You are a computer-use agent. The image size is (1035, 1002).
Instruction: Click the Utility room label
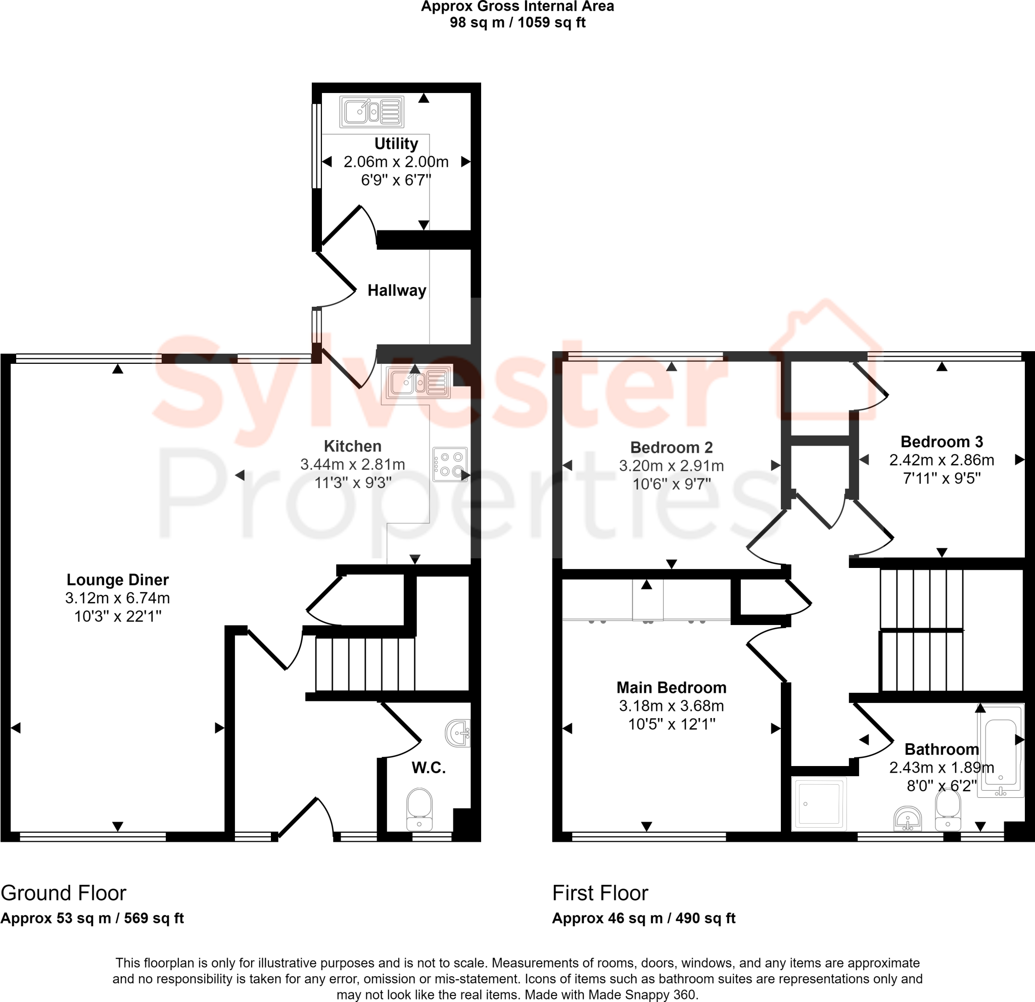[x=396, y=144]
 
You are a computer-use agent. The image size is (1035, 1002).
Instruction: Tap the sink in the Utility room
[x=372, y=112]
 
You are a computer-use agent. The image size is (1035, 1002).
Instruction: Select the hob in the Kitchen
[x=450, y=464]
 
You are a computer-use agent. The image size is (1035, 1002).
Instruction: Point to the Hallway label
[x=397, y=291]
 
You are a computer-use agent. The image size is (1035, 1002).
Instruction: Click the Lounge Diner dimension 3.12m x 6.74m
[x=117, y=598]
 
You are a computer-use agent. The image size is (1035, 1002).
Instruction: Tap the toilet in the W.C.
[x=419, y=809]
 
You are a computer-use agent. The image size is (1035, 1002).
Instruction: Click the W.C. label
[x=428, y=768]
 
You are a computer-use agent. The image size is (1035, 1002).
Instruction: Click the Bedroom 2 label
[x=671, y=448]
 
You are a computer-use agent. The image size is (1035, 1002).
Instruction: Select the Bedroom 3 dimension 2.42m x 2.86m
[x=942, y=460]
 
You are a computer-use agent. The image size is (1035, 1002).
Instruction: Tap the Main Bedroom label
[x=671, y=687]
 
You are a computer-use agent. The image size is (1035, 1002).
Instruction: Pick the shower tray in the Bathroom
[x=819, y=803]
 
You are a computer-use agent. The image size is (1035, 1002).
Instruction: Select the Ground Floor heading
[x=63, y=893]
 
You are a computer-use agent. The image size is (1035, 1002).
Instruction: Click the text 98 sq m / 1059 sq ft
[x=517, y=23]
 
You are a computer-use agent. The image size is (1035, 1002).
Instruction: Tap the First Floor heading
[x=600, y=893]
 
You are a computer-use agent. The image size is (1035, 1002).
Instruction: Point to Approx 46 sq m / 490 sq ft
[x=643, y=918]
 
